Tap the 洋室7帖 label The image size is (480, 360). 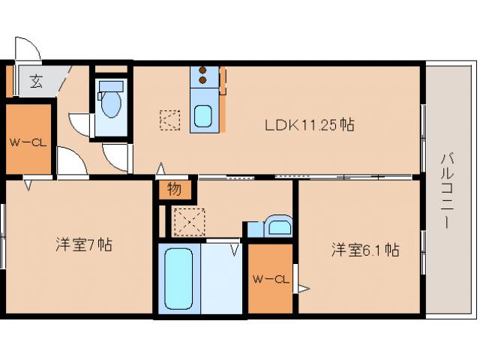click(x=84, y=245)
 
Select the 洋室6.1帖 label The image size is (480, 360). click(x=365, y=250)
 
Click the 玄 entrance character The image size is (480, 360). click(x=35, y=82)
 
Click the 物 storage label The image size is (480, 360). click(x=174, y=190)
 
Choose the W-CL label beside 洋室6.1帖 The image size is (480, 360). click(x=271, y=280)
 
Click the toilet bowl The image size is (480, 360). click(x=111, y=106)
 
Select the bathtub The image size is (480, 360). click(x=178, y=278)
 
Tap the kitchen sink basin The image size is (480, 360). click(x=203, y=116)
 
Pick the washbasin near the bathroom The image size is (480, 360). click(x=278, y=226)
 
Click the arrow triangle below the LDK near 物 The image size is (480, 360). click(x=160, y=170)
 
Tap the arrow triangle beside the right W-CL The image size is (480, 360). click(x=303, y=287)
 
